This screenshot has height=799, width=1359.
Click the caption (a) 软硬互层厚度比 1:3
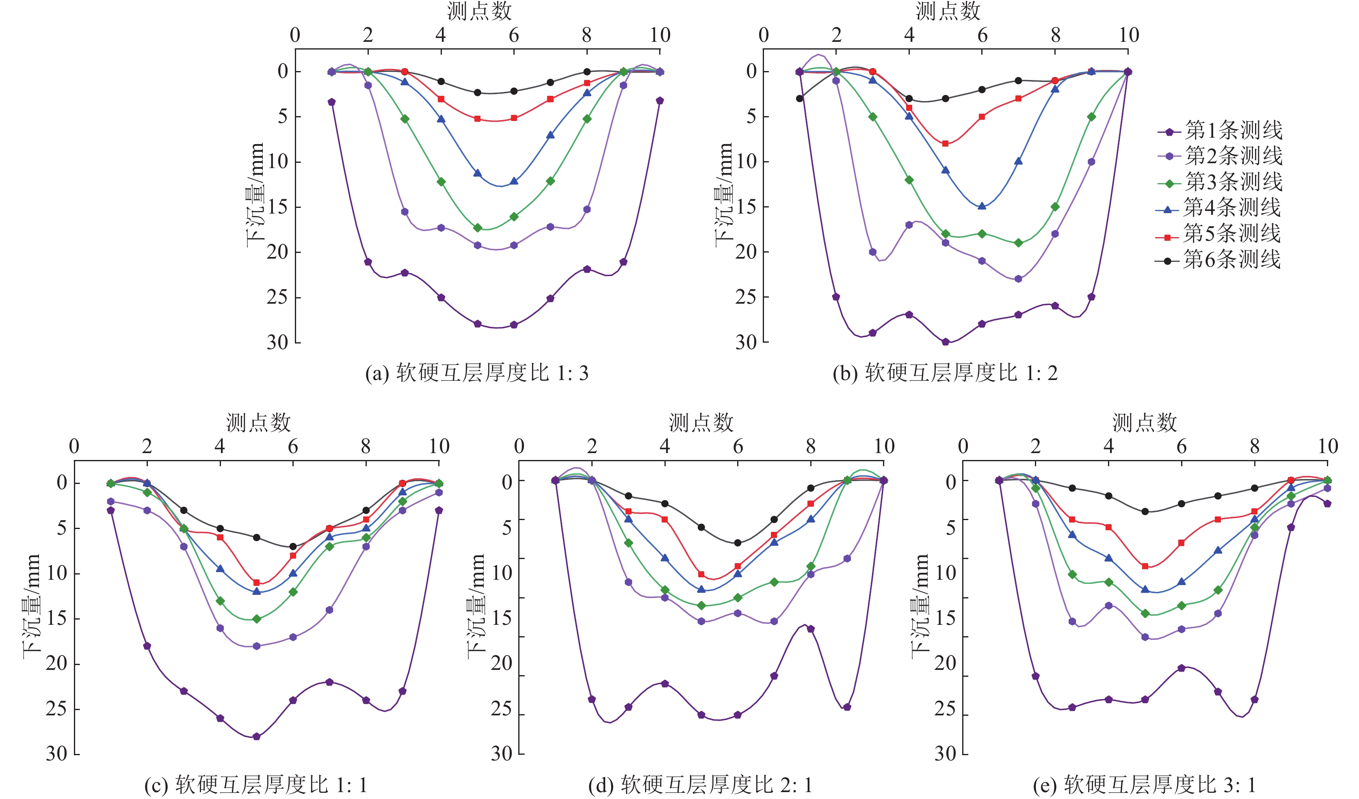pos(477,373)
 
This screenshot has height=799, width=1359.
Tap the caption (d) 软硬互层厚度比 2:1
pos(700,785)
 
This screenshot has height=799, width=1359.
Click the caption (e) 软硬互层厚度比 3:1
pos(1145,785)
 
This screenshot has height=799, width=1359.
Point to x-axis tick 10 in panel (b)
pos(1129,36)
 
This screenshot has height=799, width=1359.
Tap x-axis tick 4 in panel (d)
pos(665,447)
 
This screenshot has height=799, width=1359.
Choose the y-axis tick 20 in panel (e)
pos(945,664)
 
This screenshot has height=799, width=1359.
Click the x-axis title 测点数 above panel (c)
pos(258,423)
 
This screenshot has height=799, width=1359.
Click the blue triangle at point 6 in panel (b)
pos(982,206)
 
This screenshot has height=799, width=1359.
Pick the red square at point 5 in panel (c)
pos(257,583)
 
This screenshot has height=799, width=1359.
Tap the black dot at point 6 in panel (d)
pos(738,543)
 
